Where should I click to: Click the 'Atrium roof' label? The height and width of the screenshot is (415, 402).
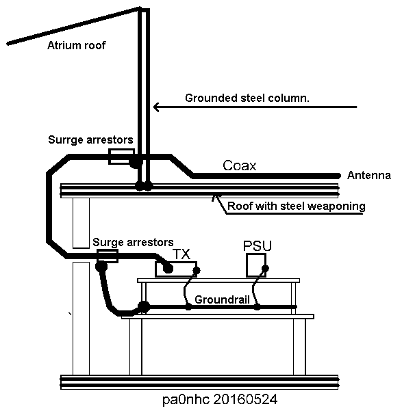(77, 45)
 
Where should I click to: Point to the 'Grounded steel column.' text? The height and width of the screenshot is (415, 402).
(247, 98)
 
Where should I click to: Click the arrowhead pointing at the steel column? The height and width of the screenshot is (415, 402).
(156, 107)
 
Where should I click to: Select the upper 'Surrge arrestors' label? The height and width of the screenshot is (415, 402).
(90, 139)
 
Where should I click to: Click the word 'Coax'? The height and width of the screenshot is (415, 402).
(240, 165)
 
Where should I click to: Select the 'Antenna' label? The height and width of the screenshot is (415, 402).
(369, 175)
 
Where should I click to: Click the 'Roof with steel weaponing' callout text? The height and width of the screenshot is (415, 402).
(297, 206)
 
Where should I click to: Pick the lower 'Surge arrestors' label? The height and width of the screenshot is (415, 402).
(133, 242)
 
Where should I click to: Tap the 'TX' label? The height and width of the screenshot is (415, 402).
(181, 254)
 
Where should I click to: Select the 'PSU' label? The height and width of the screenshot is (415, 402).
(257, 246)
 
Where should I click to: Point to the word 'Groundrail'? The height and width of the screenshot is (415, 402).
(222, 299)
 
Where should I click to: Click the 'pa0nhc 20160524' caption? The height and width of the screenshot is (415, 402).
(220, 399)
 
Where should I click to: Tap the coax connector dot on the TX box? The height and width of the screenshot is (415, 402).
(168, 269)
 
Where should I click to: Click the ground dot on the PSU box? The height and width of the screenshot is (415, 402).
(265, 269)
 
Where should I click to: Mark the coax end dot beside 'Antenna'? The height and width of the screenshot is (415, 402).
(338, 176)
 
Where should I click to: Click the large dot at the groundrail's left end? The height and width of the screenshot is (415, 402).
(144, 307)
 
